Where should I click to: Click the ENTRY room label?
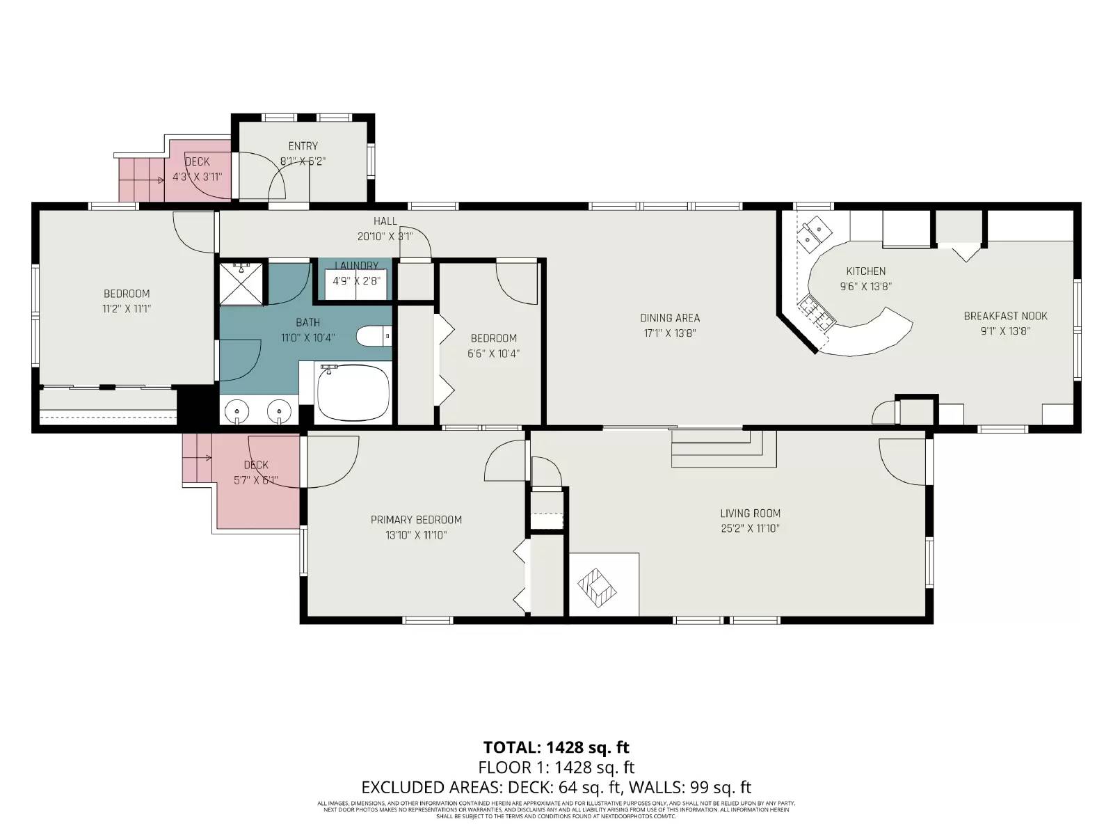click(x=303, y=146)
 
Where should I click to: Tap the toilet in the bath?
click(x=374, y=337)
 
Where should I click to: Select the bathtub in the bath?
click(x=353, y=392)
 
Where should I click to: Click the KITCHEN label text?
click(x=865, y=271)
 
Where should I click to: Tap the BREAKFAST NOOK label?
click(x=1005, y=316)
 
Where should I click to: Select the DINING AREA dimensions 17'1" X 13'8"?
click(x=669, y=333)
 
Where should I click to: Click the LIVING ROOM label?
click(x=750, y=514)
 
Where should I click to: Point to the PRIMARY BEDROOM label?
click(x=416, y=520)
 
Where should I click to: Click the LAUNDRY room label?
click(x=356, y=266)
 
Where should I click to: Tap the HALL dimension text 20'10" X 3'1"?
click(x=385, y=237)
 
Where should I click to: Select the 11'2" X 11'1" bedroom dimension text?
click(x=127, y=309)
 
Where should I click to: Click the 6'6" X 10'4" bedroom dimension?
click(x=493, y=353)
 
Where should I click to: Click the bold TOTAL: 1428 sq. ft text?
click(x=556, y=747)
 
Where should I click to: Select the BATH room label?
click(x=307, y=323)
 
